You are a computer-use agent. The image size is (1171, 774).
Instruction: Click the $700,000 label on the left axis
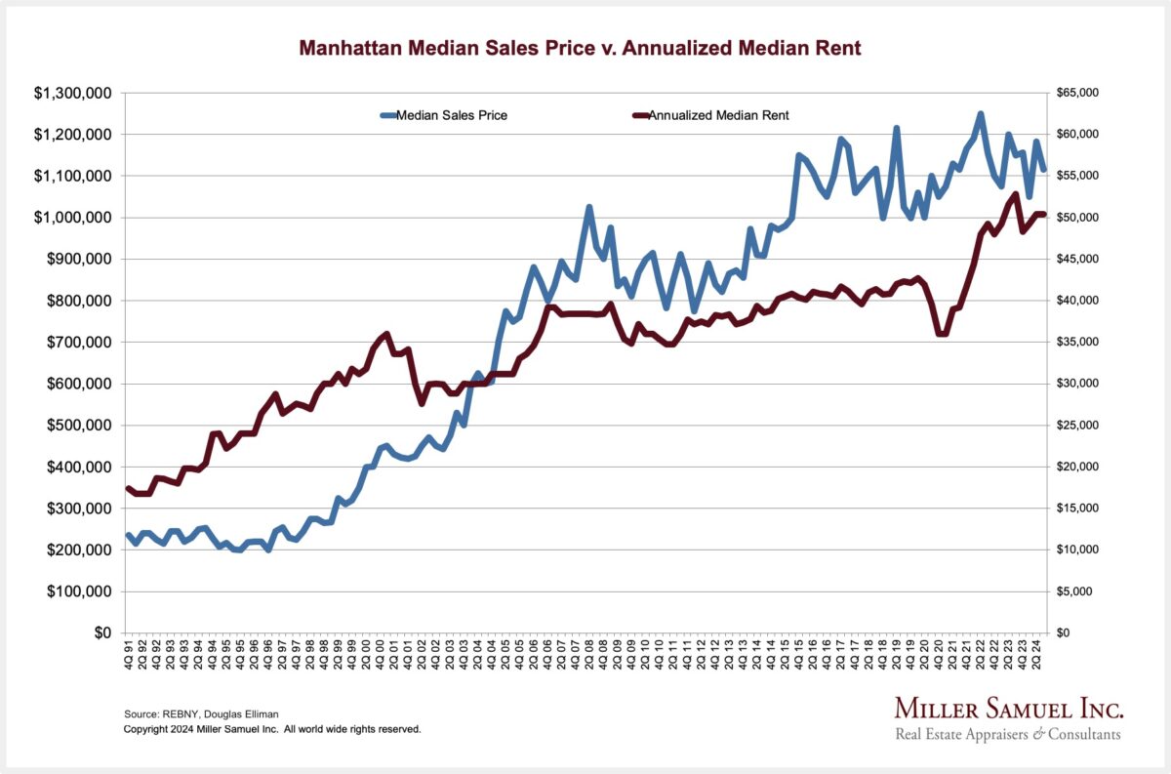point(74,343)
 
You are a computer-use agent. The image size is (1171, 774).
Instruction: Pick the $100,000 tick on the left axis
point(74,591)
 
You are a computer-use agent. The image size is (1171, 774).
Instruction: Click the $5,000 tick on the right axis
point(1079,591)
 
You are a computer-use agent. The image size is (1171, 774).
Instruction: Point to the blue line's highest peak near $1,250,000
point(980,114)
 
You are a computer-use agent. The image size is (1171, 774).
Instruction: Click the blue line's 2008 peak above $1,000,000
point(588,207)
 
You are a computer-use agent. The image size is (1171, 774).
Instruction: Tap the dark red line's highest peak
point(1016,194)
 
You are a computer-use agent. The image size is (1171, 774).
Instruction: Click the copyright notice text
point(272,729)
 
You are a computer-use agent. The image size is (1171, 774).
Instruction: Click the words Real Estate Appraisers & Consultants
point(1008,734)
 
